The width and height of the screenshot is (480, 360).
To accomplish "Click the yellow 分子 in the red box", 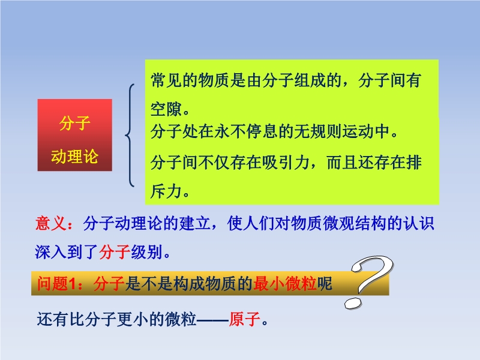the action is (x=74, y=123).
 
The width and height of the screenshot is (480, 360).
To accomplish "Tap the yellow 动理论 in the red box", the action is (x=74, y=157).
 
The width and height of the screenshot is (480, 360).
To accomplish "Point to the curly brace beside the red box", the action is (x=130, y=135).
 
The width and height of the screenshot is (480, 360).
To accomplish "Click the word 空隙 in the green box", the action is (x=166, y=109).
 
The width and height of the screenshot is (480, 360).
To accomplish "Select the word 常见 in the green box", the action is (x=166, y=80).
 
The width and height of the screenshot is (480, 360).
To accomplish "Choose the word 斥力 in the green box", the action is (x=166, y=191).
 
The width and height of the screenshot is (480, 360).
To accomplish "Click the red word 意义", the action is (x=51, y=223).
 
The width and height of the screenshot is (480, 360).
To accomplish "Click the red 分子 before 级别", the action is (x=115, y=252).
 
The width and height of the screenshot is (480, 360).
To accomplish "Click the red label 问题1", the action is (x=56, y=283).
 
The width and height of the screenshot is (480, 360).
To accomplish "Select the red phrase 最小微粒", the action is (x=285, y=283).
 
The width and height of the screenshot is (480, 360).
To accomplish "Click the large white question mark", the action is (x=369, y=281).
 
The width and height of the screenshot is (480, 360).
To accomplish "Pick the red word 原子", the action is (x=245, y=319).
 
